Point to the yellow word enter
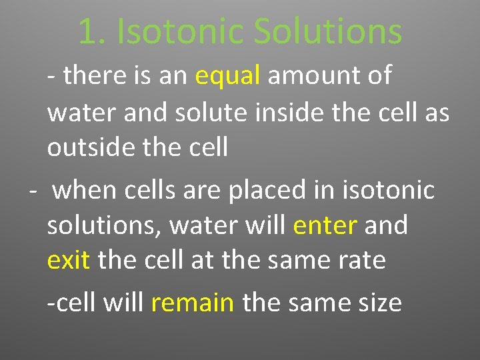coord(325,225)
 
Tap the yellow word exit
coord(68,259)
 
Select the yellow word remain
coord(193,303)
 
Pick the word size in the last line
coord(379,303)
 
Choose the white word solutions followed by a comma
coord(104,226)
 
